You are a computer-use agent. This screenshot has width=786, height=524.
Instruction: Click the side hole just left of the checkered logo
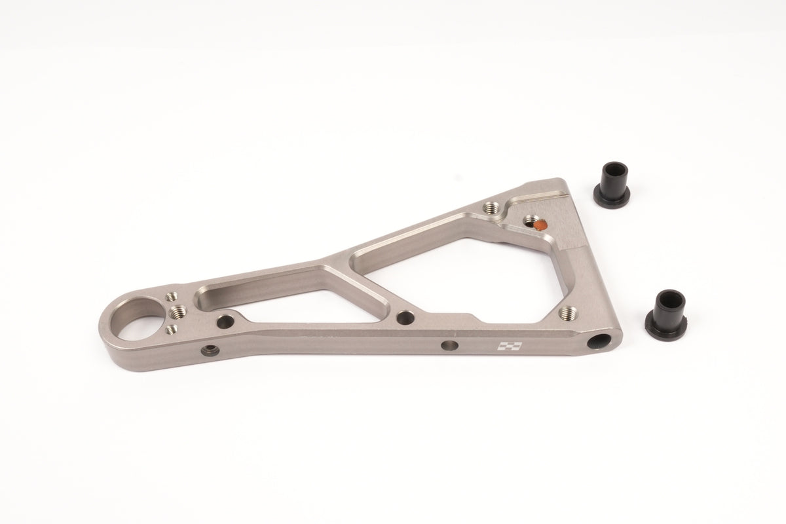(449, 345)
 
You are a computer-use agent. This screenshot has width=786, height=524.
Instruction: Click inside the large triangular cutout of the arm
(458, 275)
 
